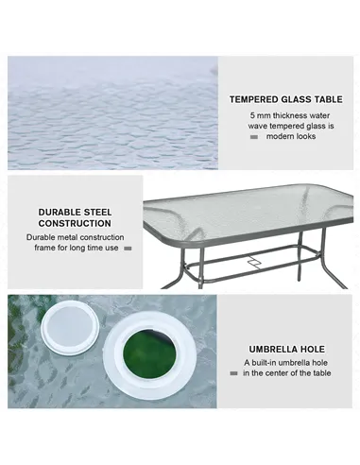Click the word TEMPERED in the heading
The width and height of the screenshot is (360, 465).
(x=252, y=98)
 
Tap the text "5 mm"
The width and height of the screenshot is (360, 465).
(x=260, y=114)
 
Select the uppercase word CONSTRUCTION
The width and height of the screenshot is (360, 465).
(x=75, y=224)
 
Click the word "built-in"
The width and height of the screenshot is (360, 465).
(x=266, y=362)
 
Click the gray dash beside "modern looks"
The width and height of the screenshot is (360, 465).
(x=253, y=137)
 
